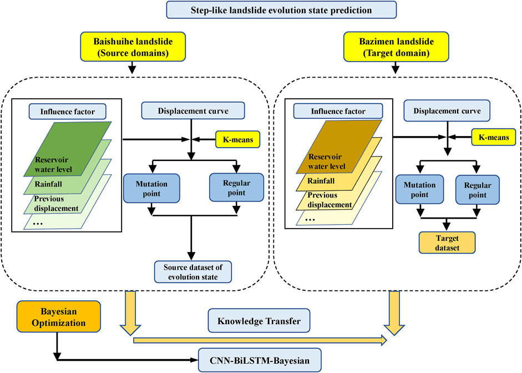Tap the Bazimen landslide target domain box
tap(391, 46)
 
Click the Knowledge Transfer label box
tap(259, 321)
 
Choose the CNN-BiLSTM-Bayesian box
tap(260, 361)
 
